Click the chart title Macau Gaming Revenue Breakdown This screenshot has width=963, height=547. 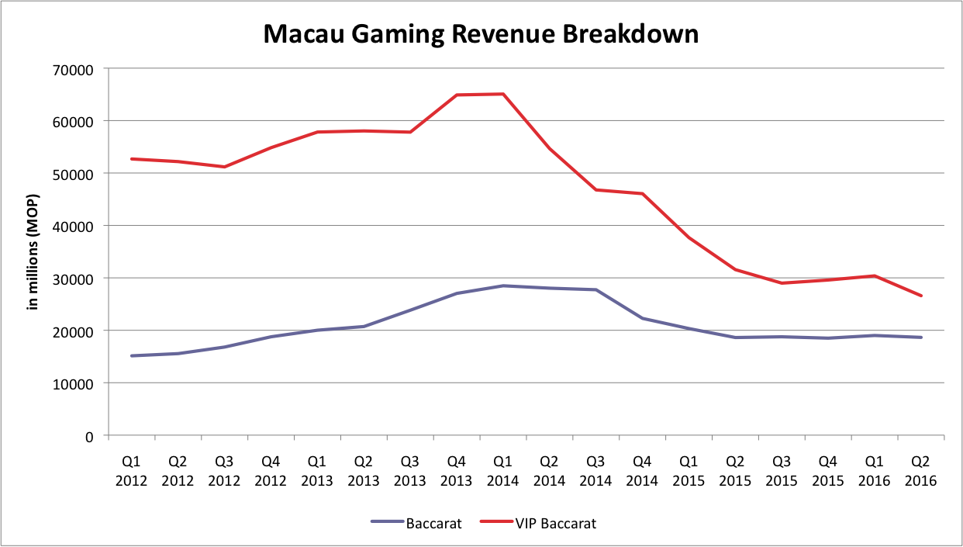(481, 34)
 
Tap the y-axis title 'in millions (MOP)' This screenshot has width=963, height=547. (33, 250)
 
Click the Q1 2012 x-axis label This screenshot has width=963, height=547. (132, 470)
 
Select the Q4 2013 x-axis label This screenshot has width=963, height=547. (457, 470)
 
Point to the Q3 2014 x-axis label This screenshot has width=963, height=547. (595, 470)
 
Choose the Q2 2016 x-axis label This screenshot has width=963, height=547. (921, 470)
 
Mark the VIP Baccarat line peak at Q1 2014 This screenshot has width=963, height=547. (503, 94)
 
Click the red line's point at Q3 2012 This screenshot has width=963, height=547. (225, 167)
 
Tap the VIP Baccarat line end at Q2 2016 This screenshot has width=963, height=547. (921, 296)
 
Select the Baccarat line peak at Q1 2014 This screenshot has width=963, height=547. (503, 286)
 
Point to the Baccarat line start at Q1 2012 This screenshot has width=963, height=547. (132, 356)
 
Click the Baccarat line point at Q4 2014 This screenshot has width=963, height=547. (642, 318)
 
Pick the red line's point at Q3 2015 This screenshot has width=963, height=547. (782, 283)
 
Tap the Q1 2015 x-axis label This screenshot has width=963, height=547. (689, 470)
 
